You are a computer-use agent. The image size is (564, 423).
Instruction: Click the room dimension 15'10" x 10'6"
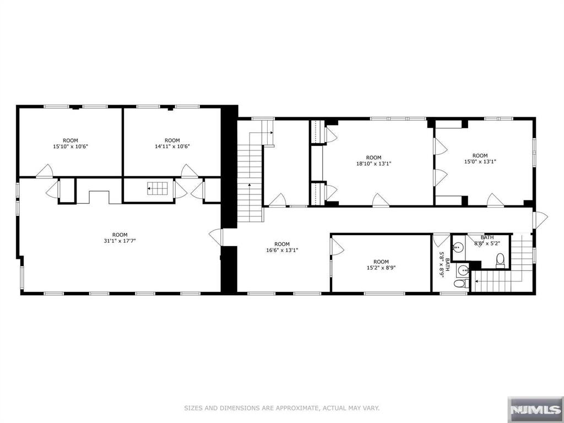click(x=70, y=147)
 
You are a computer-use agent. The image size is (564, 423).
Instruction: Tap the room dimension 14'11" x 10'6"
click(x=172, y=147)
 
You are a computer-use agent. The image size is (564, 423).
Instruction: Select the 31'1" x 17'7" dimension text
click(x=120, y=241)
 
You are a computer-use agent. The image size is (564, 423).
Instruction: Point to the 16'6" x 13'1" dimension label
click(x=282, y=250)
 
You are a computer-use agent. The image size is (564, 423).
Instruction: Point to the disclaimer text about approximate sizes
click(x=281, y=408)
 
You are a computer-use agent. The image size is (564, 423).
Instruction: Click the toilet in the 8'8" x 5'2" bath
click(x=500, y=260)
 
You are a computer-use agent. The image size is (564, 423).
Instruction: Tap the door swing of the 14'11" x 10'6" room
click(x=188, y=171)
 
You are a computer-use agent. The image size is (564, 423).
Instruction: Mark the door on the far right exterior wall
click(x=540, y=219)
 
